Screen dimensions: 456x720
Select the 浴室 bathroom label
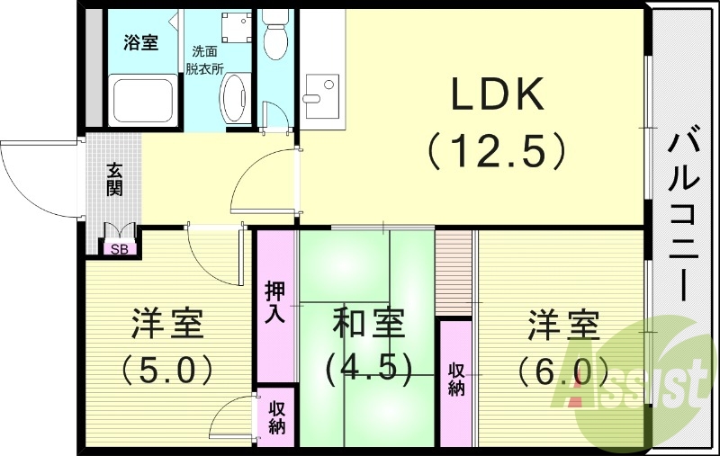click(140, 41)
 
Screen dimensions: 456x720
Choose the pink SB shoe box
click(119, 249)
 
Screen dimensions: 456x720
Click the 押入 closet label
click(274, 304)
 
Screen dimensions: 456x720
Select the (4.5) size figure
click(368, 366)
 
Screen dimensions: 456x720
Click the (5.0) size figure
click(170, 368)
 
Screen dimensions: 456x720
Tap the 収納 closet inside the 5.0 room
click(275, 416)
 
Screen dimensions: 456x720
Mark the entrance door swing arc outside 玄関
click(31, 180)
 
